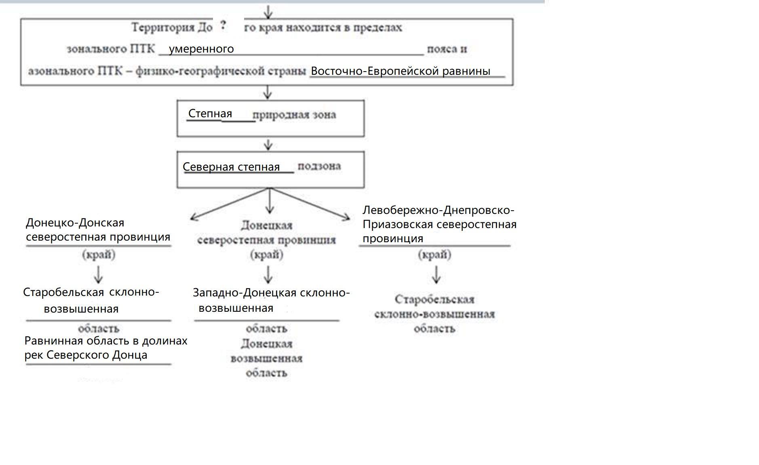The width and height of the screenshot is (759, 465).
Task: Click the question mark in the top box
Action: (223, 26)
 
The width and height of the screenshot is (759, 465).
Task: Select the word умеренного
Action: (201, 49)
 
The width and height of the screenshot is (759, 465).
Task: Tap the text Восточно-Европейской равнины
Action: (400, 71)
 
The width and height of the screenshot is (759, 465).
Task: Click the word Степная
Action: (210, 114)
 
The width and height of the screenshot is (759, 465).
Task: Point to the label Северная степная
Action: (231, 167)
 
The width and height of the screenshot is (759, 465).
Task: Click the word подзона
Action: (319, 166)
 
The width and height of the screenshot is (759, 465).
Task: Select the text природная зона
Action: (294, 115)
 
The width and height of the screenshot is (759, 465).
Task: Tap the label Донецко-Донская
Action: (75, 223)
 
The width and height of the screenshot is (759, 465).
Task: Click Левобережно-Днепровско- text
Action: (438, 210)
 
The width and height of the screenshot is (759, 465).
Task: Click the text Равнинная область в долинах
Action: (106, 341)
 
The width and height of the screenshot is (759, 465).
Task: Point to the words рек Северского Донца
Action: (86, 355)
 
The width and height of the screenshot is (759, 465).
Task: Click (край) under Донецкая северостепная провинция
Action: (267, 255)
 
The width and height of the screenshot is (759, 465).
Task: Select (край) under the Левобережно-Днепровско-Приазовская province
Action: (434, 255)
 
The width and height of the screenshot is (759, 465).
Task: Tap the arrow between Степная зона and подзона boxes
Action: (268, 144)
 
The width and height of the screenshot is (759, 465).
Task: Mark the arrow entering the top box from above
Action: (268, 11)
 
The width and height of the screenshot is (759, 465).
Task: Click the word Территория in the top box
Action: (163, 27)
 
